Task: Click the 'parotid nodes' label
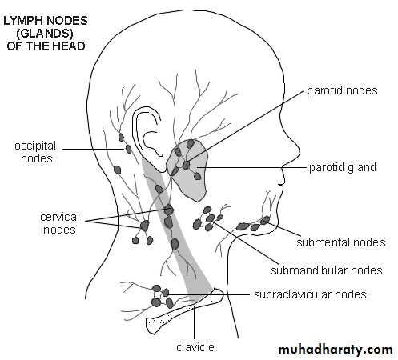point(342,90)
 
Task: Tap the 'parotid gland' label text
point(343,168)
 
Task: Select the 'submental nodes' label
point(341,242)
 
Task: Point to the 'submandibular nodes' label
point(327,270)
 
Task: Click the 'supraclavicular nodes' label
point(310,294)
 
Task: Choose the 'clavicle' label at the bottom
point(195,347)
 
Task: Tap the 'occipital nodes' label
point(35,152)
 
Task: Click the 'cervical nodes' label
point(59,223)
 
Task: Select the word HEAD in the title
point(68,46)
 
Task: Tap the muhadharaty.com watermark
point(336,350)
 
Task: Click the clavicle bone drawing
point(184,310)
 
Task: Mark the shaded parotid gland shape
point(187,170)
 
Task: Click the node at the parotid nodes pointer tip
point(186,165)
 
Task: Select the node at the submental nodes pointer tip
point(265,220)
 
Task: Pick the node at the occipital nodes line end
point(128,149)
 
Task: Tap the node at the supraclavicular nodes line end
point(166,293)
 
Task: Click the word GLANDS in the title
point(45,34)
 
